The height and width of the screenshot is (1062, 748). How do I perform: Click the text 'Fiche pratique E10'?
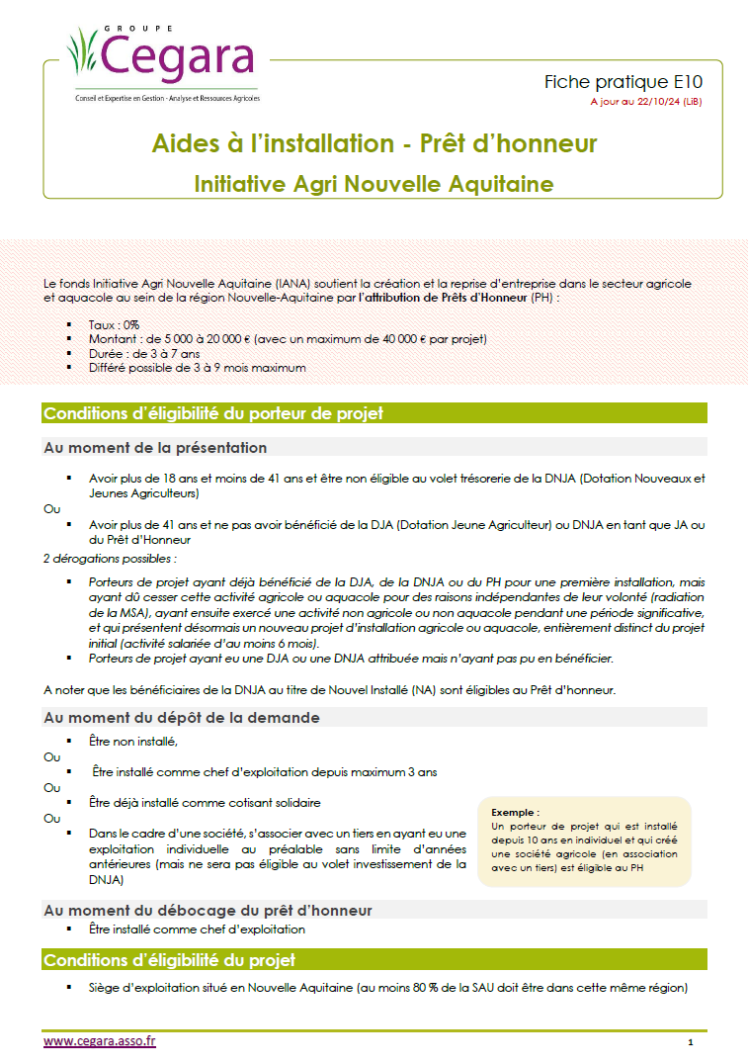(x=623, y=82)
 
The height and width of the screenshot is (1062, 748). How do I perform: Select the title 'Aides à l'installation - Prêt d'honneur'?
(x=374, y=143)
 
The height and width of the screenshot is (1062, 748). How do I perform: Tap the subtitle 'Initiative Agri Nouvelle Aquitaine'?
(x=374, y=184)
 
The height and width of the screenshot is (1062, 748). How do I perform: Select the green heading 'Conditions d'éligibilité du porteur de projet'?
(x=213, y=413)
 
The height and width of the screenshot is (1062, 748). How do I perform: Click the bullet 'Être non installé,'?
(x=132, y=741)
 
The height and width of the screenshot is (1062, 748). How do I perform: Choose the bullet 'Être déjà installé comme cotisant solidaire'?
(x=205, y=802)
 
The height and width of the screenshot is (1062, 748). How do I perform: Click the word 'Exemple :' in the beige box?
(x=516, y=811)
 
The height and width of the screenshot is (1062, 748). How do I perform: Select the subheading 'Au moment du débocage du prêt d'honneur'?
(x=208, y=909)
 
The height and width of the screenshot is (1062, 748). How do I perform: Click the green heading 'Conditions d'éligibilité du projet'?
(x=169, y=960)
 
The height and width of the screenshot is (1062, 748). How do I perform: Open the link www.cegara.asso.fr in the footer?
(x=100, y=1040)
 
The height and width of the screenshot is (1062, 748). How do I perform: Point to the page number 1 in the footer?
(x=691, y=1042)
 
